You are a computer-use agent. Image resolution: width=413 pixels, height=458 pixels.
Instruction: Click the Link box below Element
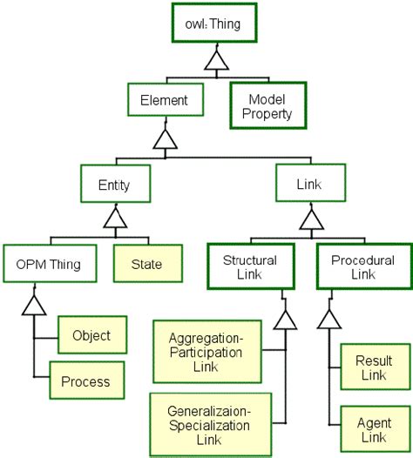[311, 185]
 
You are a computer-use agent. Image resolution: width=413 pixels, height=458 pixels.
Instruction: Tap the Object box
[91, 335]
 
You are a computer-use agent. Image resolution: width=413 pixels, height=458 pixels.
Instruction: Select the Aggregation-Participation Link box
[209, 351]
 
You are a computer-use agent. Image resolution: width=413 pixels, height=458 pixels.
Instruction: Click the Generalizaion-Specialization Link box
[209, 421]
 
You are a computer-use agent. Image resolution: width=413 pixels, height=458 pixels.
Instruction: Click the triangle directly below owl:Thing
[217, 60]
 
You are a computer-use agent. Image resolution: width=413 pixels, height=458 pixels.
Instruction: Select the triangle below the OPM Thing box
[33, 305]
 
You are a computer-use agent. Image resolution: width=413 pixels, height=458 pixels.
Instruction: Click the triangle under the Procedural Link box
[329, 319]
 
